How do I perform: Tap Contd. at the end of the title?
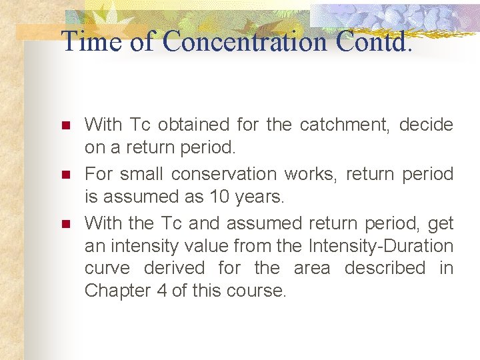tap(374, 41)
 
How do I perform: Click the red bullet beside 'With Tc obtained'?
tap(65, 125)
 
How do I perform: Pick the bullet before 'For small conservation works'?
tap(65, 175)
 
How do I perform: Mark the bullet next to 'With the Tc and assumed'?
tap(65, 223)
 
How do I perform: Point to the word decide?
tap(426, 125)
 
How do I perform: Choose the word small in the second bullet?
tap(140, 174)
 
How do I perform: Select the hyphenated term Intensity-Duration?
tap(381, 246)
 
